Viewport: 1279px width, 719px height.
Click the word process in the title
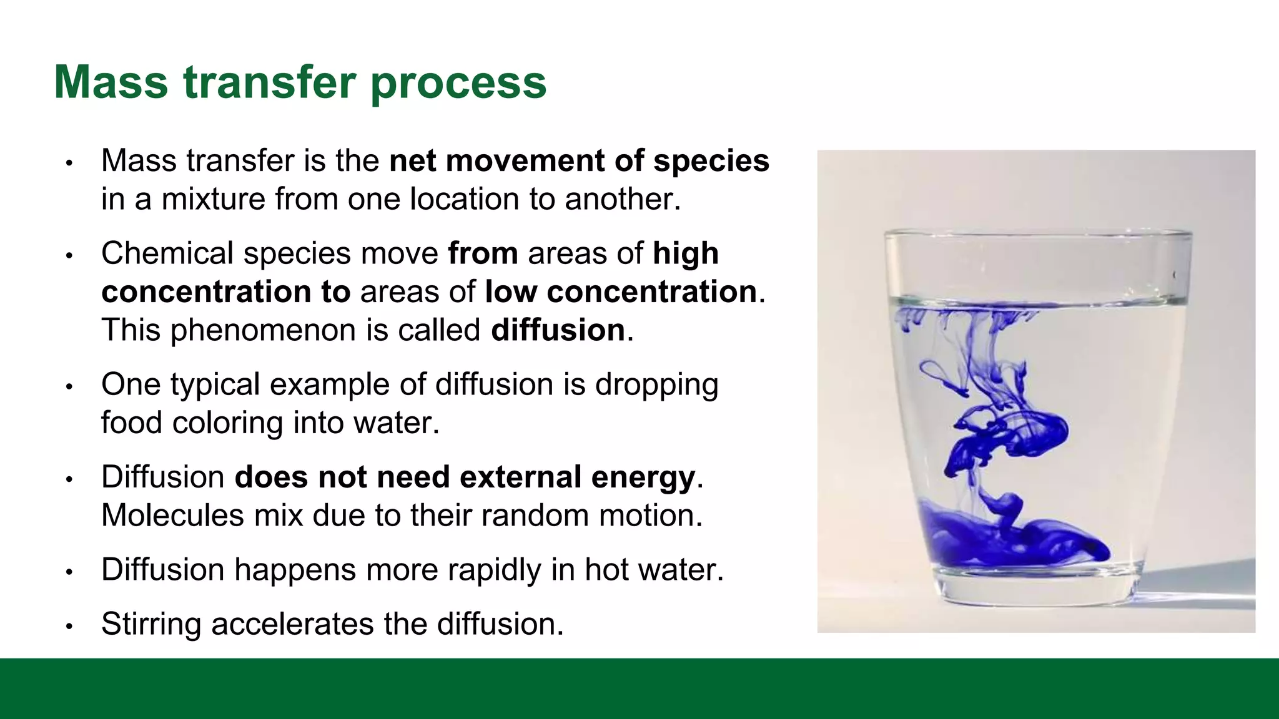[x=458, y=84]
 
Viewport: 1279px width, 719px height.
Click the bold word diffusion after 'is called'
[x=558, y=330]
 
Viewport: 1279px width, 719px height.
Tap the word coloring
[x=227, y=423]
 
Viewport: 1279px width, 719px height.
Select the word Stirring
[x=151, y=624]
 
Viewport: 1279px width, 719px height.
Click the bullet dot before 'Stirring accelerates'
[x=70, y=626]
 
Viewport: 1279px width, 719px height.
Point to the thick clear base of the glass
[x=1037, y=587]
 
